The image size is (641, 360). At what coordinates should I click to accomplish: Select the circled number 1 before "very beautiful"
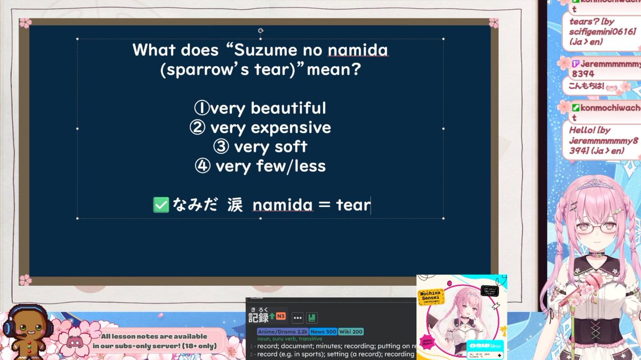[201, 108]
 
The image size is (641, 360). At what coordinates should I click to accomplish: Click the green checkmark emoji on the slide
[160, 205]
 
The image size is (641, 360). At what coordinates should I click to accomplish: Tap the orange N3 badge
[280, 316]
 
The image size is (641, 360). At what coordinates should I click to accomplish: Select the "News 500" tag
[323, 332]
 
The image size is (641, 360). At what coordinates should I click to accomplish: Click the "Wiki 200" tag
[350, 332]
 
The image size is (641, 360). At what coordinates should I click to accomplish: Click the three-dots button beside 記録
[298, 318]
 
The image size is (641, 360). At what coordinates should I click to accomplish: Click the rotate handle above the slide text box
[260, 31]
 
